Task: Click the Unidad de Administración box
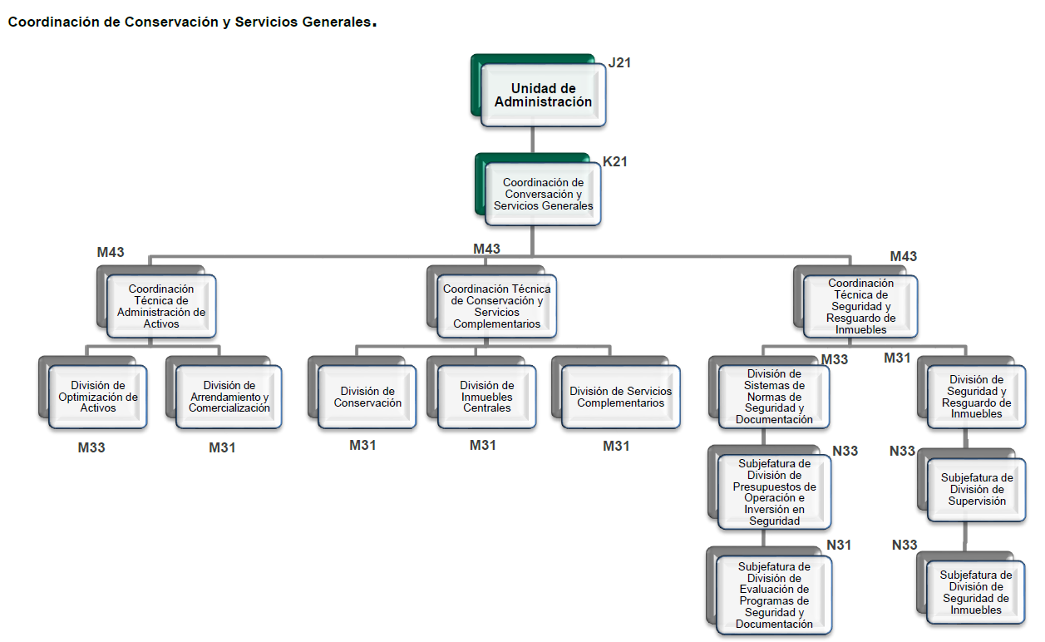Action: pyautogui.click(x=543, y=95)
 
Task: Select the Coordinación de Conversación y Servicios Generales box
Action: pyautogui.click(x=543, y=194)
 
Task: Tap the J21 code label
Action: pyautogui.click(x=620, y=62)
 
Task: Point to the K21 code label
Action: pyautogui.click(x=615, y=161)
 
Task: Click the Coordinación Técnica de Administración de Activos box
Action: pyautogui.click(x=160, y=306)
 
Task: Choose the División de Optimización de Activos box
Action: pyautogui.click(x=98, y=397)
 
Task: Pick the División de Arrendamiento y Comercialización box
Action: pyautogui.click(x=229, y=397)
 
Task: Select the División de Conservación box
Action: pyautogui.click(x=367, y=397)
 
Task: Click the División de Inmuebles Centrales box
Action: pyautogui.click(x=487, y=397)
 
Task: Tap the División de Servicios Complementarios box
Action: pyautogui.click(x=620, y=397)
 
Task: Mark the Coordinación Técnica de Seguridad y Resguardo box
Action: pyautogui.click(x=860, y=306)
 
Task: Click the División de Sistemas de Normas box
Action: pyautogui.click(x=773, y=397)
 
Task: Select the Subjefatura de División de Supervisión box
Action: pyautogui.click(x=977, y=489)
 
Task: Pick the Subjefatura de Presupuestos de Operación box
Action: pyautogui.click(x=773, y=491)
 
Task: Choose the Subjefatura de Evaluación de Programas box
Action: pyautogui.click(x=773, y=595)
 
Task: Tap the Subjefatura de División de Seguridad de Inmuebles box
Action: pyautogui.click(x=976, y=591)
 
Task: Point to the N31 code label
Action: pyautogui.click(x=839, y=545)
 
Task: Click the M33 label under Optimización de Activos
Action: pyautogui.click(x=91, y=447)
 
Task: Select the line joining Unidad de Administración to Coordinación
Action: pyautogui.click(x=533, y=140)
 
